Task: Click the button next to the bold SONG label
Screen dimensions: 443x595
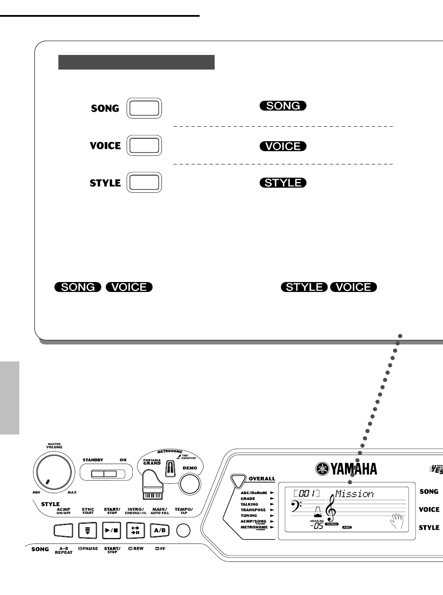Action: [x=144, y=108]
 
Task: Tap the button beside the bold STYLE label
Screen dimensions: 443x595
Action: [x=144, y=182]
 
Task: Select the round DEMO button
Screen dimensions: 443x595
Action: [x=190, y=484]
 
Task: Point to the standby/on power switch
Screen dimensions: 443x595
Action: [x=103, y=474]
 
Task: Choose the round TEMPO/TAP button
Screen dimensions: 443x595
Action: [x=183, y=531]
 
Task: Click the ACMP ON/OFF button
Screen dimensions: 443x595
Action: [x=64, y=531]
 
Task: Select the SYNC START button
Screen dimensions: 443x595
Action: [x=88, y=530]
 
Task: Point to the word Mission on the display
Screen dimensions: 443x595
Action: [x=354, y=494]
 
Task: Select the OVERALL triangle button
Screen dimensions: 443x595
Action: [x=237, y=480]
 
